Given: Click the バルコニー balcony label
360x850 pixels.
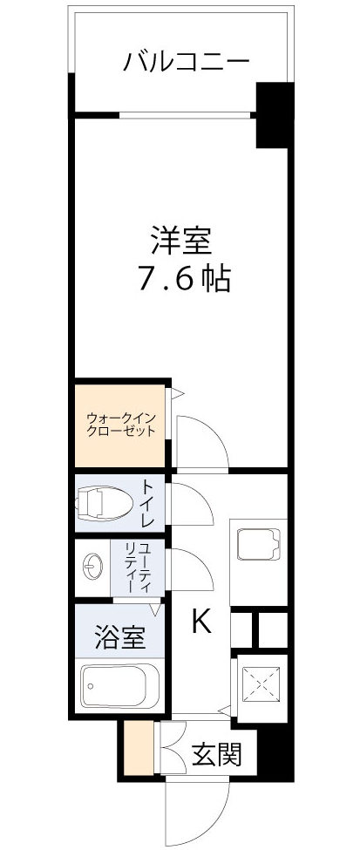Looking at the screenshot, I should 187,62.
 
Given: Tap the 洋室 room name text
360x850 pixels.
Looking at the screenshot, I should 182,239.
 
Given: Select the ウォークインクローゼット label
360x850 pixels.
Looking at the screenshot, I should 121,425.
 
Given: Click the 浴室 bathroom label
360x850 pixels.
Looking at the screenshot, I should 119,637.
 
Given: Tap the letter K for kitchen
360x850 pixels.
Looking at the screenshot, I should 201,622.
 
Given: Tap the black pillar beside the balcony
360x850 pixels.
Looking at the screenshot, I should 272,114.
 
